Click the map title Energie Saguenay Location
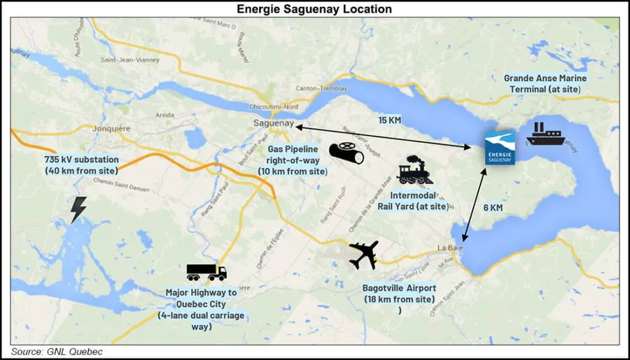tap(314, 8)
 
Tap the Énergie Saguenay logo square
tap(500, 148)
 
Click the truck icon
tap(206, 272)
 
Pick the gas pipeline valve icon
tap(347, 154)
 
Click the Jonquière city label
tap(112, 129)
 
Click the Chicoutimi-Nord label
tap(274, 107)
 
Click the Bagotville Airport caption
tap(399, 293)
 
